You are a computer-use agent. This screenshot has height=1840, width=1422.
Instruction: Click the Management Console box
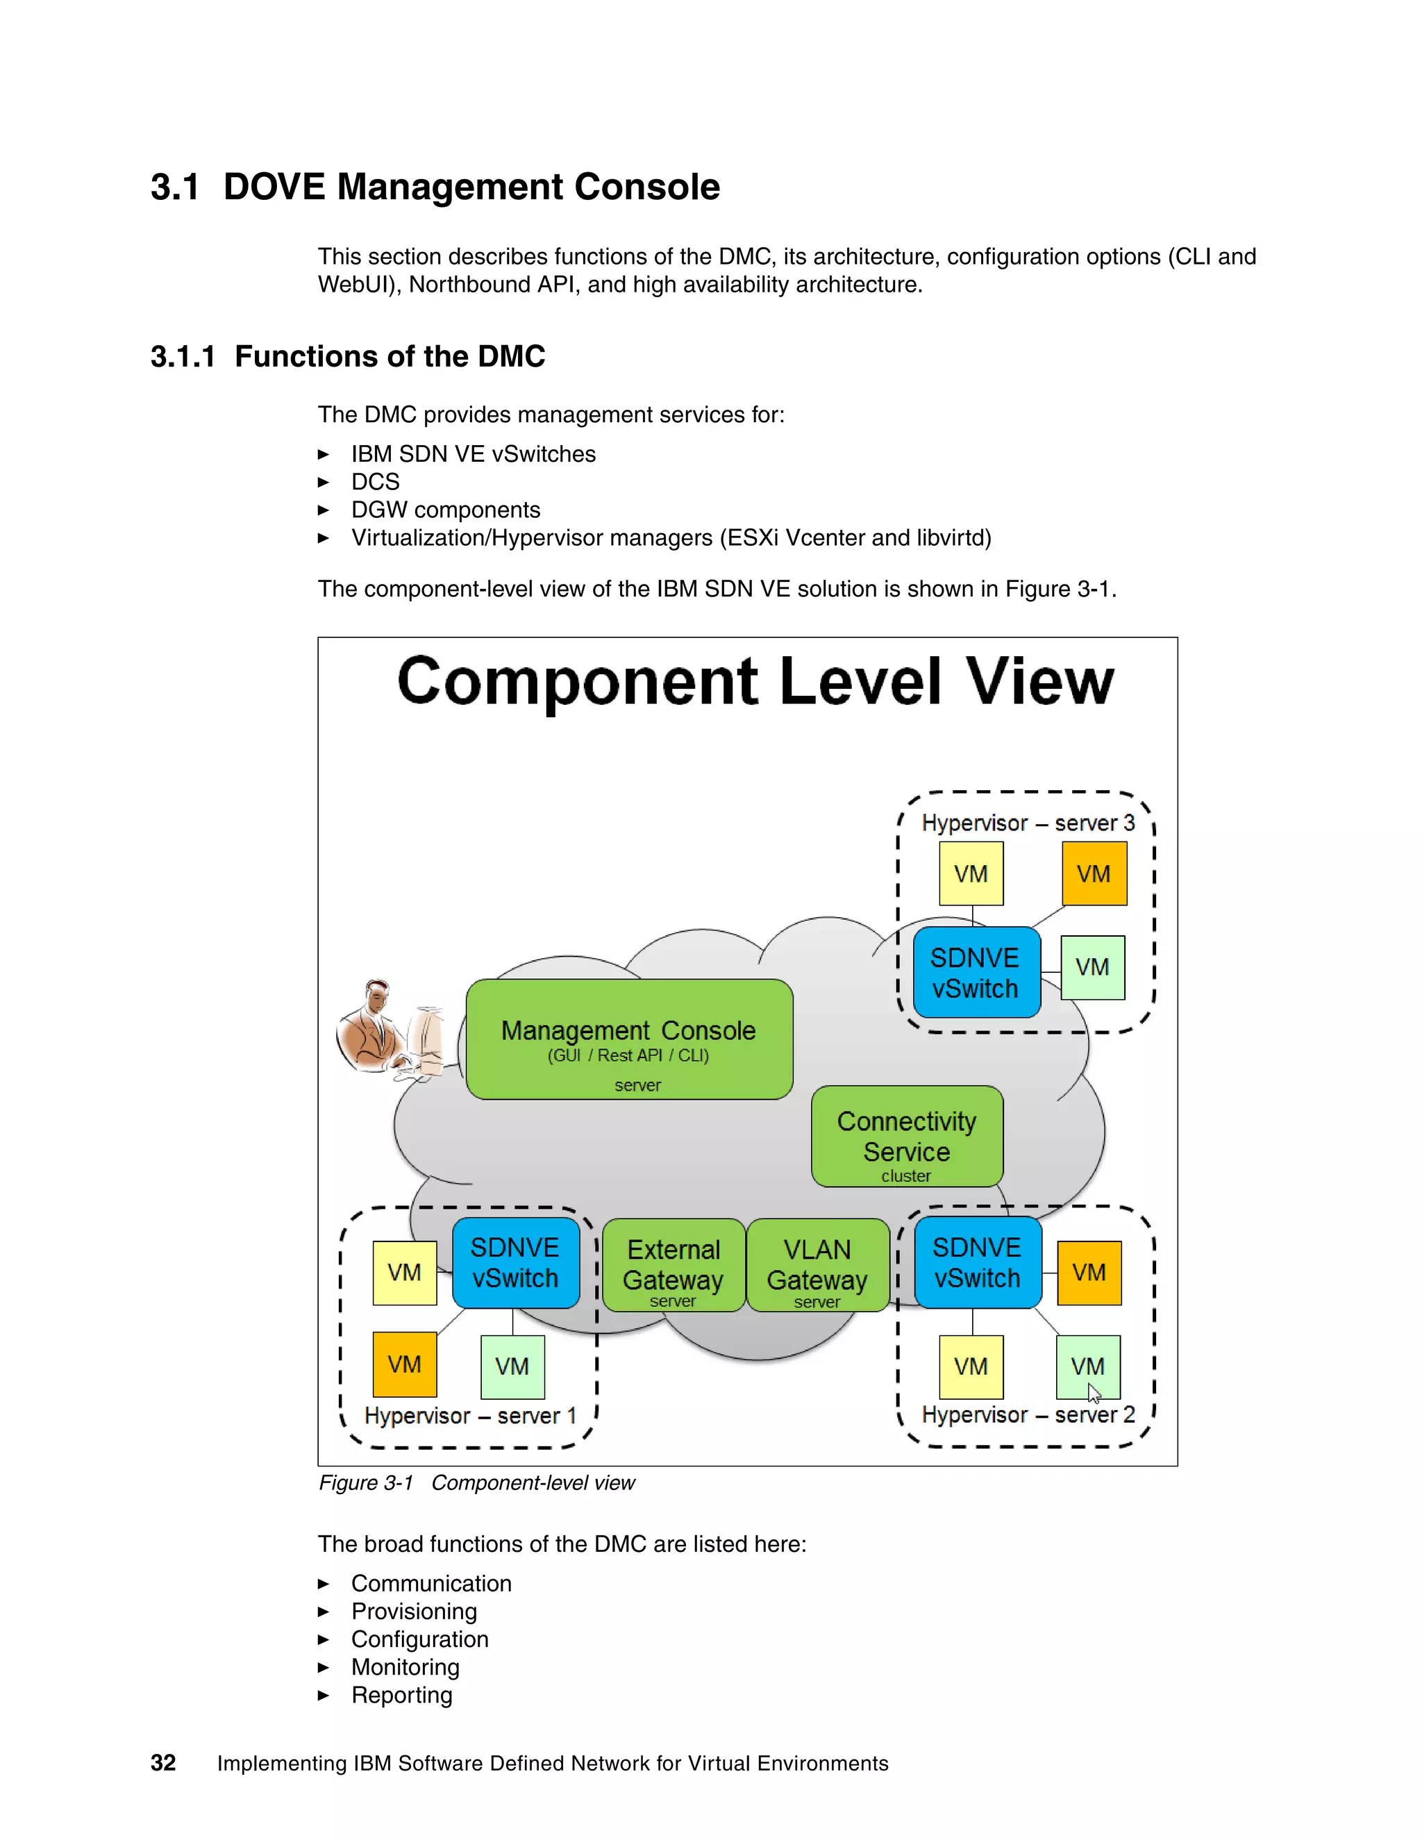pos(628,1039)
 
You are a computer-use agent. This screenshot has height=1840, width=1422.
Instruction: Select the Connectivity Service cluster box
pos(906,1137)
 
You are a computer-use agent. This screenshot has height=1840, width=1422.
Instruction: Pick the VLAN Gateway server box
pos(817,1264)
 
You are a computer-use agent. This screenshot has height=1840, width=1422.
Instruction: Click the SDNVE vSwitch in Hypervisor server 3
pos(976,972)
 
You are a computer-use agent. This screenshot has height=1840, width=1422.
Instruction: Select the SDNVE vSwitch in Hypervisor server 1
pos(515,1262)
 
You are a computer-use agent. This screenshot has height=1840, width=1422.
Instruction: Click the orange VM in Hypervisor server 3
pos(1094,873)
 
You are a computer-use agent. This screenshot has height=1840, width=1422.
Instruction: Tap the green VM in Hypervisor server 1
pos(512,1366)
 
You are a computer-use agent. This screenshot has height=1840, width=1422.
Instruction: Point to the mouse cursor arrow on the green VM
pos(1094,1391)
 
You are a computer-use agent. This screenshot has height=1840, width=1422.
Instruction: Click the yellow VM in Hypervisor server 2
pos(971,1366)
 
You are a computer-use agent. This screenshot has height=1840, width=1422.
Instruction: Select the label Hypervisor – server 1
pos(470,1416)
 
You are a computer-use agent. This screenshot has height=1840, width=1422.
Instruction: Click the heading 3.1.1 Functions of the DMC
pos(347,356)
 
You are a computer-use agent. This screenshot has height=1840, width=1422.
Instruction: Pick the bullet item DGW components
pos(445,510)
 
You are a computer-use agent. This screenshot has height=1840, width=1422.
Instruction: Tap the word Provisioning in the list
pos(414,1611)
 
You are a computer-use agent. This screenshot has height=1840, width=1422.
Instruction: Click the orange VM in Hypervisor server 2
pos(1089,1272)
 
